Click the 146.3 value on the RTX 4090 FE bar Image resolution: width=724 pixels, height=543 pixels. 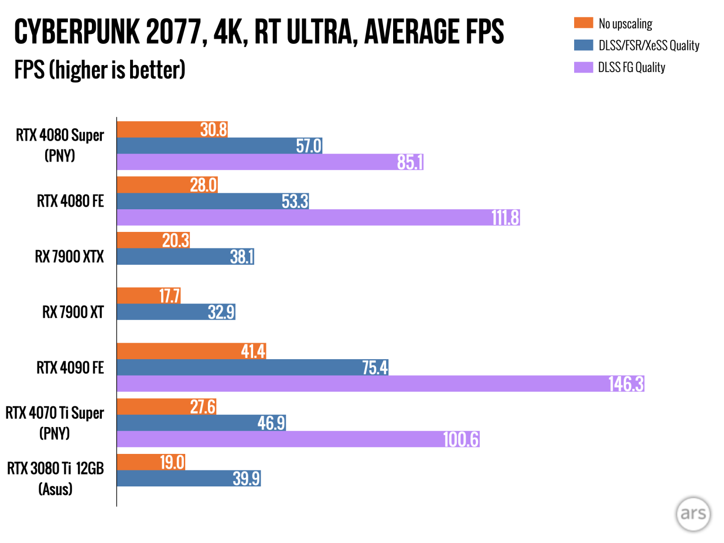click(625, 384)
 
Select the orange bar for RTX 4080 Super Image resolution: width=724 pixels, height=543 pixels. click(172, 130)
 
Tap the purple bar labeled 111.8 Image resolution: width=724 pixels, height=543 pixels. click(318, 218)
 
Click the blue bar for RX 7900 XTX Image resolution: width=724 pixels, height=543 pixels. click(185, 257)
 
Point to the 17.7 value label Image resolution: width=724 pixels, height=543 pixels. click(169, 296)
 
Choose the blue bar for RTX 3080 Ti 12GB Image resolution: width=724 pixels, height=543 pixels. click(189, 478)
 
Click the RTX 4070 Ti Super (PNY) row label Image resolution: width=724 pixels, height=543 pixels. click(55, 423)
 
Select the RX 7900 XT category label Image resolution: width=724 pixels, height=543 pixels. click(73, 312)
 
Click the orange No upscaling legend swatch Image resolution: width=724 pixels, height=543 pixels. click(583, 23)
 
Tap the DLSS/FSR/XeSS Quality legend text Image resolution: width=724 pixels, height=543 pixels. click(649, 45)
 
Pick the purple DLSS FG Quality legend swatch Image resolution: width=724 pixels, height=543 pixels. click(583, 67)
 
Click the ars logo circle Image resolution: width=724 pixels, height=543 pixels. click(693, 514)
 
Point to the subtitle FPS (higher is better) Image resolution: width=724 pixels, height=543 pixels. click(99, 70)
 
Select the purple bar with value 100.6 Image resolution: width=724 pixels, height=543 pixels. click(298, 439)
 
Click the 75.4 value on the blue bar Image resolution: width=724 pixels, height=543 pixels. click(375, 368)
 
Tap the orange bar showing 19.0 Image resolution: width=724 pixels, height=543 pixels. click(151, 462)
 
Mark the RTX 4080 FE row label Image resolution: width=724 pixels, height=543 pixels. click(70, 201)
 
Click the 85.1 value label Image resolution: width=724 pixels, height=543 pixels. click(410, 162)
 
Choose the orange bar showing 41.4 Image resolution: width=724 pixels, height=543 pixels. click(191, 351)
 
